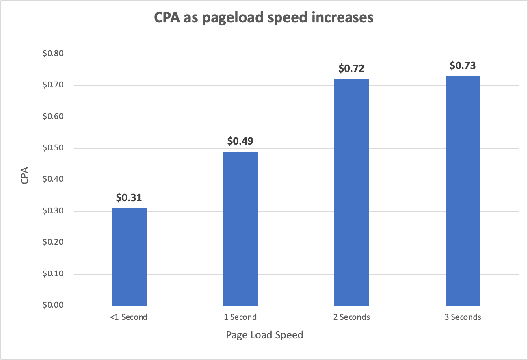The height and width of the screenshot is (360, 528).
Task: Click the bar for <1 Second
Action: [129, 257]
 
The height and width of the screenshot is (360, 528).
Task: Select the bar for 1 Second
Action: [240, 228]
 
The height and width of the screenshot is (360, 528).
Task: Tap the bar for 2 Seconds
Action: [351, 192]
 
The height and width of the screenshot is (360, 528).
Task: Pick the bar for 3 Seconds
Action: [463, 191]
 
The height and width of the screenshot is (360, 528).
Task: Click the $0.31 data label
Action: [129, 198]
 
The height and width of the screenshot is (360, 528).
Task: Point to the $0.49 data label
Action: [240, 141]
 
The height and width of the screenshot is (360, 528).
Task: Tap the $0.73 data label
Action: [463, 66]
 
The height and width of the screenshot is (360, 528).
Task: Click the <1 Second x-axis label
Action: [129, 317]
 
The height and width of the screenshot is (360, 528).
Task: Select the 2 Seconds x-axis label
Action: [351, 317]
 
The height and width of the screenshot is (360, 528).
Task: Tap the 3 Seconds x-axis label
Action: [463, 317]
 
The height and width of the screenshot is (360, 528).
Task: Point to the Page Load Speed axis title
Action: [264, 335]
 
